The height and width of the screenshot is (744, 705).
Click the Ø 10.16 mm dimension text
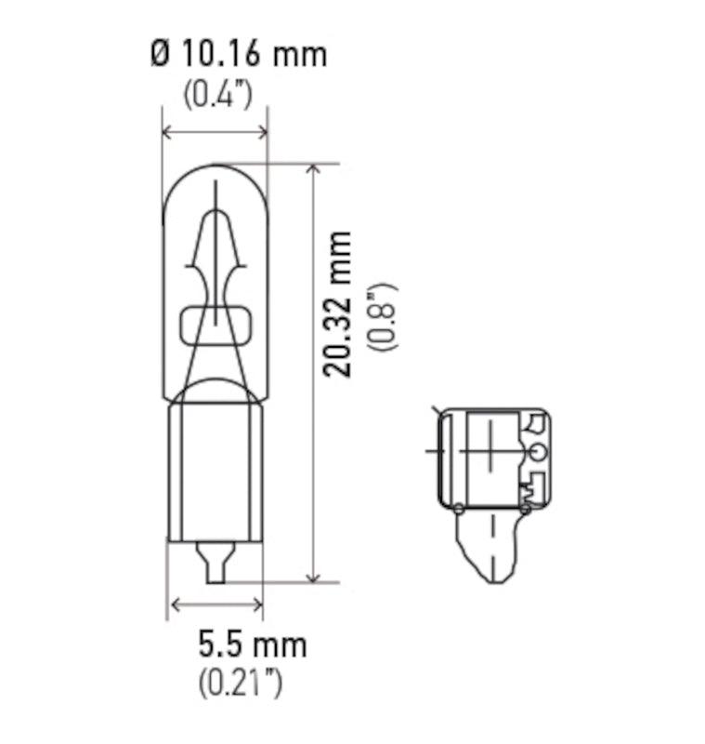tap(238, 54)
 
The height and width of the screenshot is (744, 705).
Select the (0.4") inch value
tap(215, 96)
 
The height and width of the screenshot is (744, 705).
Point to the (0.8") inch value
tap(383, 316)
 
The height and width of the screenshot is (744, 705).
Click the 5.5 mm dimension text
tap(252, 644)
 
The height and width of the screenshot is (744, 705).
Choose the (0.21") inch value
tap(240, 684)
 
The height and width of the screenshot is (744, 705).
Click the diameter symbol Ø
tap(160, 54)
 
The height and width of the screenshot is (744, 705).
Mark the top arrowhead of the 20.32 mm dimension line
tap(313, 170)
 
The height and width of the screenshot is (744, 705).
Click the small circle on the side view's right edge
tap(535, 453)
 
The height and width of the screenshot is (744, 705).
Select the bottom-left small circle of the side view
tap(459, 508)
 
